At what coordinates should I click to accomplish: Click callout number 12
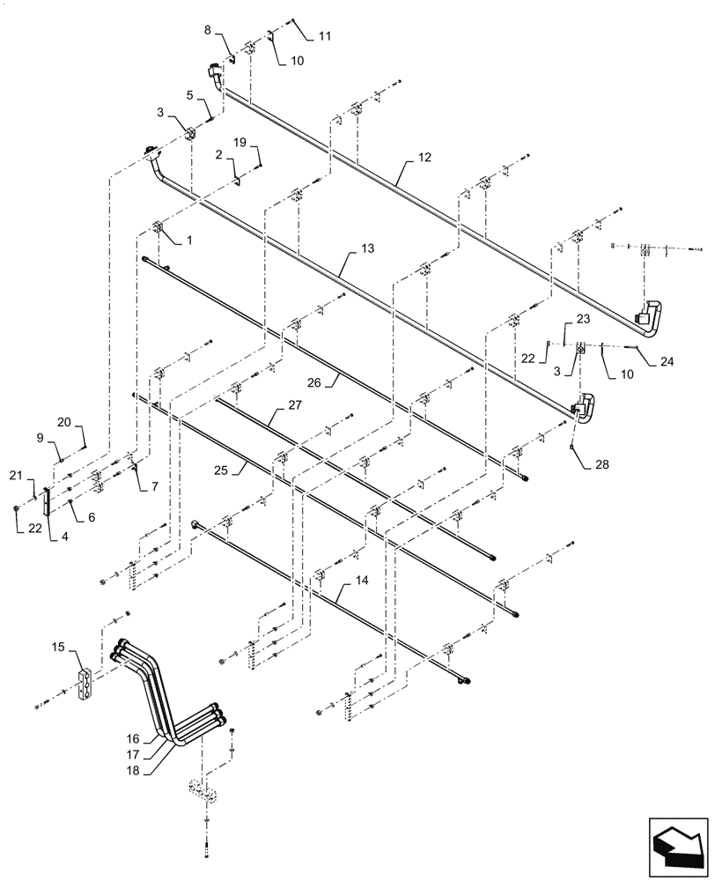(425, 159)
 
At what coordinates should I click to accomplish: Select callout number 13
(366, 249)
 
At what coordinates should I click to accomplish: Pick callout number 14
(362, 581)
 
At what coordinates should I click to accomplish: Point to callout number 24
(666, 360)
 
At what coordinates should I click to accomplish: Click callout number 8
(208, 31)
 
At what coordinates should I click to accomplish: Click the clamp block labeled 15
(90, 685)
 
